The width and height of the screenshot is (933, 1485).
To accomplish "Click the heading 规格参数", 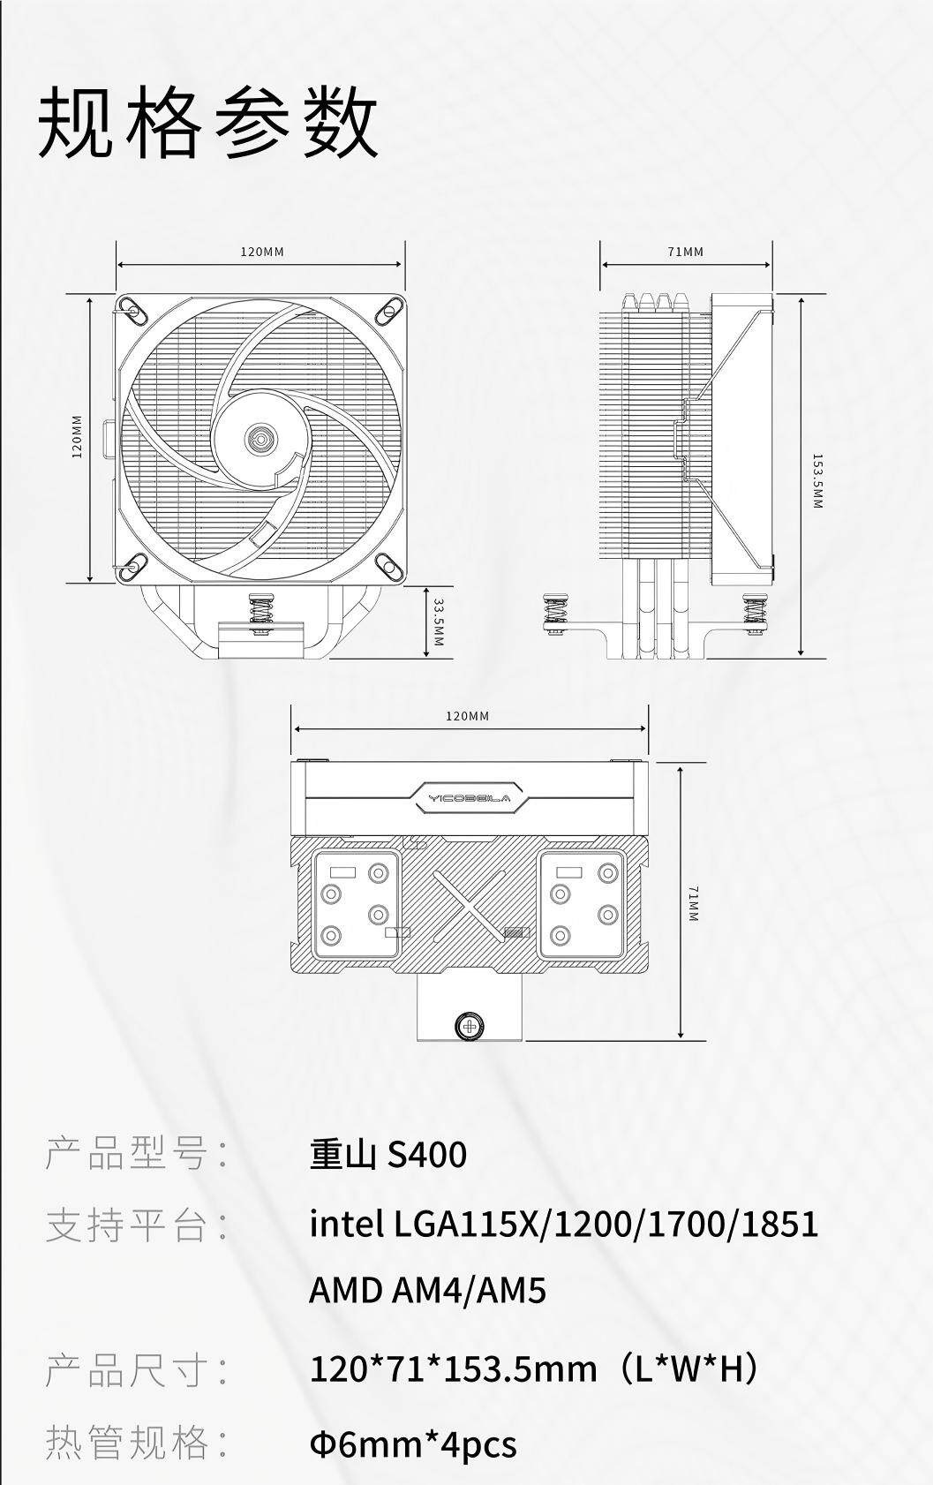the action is pyautogui.click(x=207, y=123).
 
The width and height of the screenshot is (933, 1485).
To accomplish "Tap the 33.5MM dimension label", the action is pyautogui.click(x=438, y=622).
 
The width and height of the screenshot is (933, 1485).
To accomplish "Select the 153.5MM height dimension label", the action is pyautogui.click(x=817, y=480).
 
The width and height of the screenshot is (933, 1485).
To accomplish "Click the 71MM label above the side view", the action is pyautogui.click(x=685, y=252).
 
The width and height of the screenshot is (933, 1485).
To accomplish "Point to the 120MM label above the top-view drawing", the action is pyautogui.click(x=467, y=716).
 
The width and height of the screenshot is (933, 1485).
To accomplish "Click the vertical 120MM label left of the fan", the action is pyautogui.click(x=77, y=437).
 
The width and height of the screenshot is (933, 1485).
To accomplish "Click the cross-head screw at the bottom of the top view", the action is pyautogui.click(x=470, y=1027).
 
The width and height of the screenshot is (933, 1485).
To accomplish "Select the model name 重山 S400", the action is pyautogui.click(x=388, y=1154).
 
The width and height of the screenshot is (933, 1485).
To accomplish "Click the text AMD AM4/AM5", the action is pyautogui.click(x=427, y=1289).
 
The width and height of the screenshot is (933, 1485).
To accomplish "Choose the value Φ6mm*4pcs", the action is pyautogui.click(x=413, y=1444).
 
